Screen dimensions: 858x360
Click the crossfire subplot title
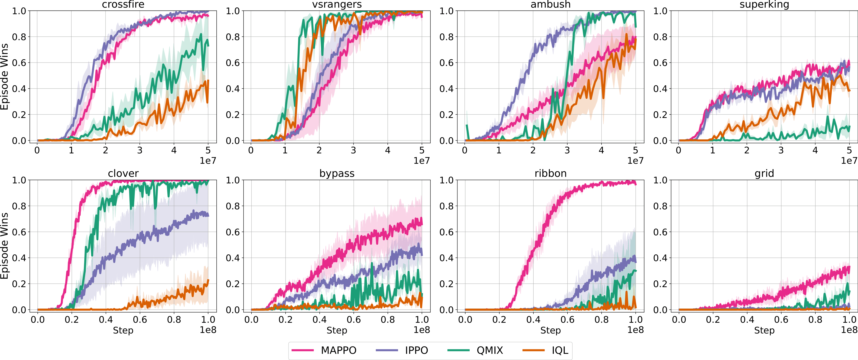coord(123,4)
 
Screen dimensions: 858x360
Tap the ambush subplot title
coord(551,4)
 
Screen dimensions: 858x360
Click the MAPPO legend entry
coord(324,350)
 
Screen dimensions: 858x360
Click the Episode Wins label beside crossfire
coord(4,77)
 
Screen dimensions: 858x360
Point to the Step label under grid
coord(764,331)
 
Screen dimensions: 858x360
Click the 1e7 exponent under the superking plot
coord(849,161)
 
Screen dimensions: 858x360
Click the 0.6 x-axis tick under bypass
coord(354,320)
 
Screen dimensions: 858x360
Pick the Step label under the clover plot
coord(123,331)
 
